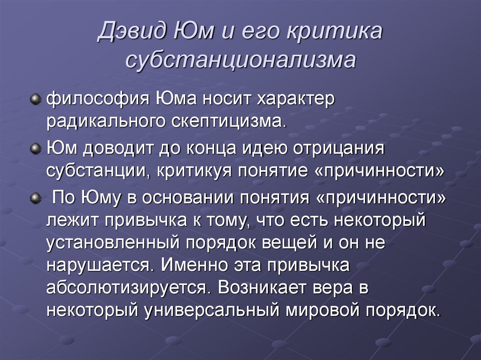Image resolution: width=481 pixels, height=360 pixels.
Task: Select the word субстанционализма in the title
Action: click(x=240, y=61)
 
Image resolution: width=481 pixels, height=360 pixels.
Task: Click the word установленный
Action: click(x=111, y=243)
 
